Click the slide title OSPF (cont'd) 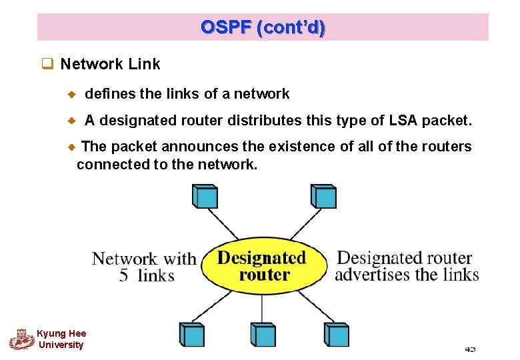pos(263,27)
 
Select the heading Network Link pos(110,64)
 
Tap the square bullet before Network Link pos(47,65)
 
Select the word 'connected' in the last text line pos(107,164)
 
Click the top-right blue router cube pos(323,196)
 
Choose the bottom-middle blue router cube pos(262,333)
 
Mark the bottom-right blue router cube pos(336,333)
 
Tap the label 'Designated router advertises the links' pos(406,266)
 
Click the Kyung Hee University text pos(61,339)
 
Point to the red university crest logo pos(21,339)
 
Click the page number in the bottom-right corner pos(470,349)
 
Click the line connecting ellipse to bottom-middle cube pos(262,308)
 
